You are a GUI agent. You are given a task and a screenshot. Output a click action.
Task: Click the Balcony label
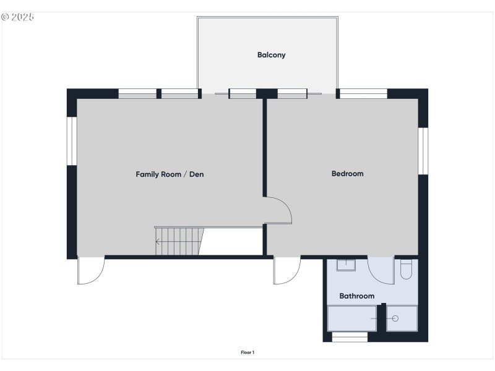(271, 55)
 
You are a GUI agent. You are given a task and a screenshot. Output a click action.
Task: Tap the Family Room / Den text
(170, 174)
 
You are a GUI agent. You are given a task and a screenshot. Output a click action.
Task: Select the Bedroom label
(347, 174)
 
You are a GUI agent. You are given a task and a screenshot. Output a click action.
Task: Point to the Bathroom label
(356, 296)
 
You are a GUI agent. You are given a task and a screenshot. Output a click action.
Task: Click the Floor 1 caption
(247, 352)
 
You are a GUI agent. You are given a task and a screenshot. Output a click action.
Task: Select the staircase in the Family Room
(179, 241)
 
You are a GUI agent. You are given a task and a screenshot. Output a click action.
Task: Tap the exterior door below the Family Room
(91, 271)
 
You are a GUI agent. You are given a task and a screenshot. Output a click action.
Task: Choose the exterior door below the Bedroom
(287, 271)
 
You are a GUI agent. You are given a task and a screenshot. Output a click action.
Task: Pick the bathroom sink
(345, 265)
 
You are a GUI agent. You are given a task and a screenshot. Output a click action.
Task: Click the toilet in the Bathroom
(406, 270)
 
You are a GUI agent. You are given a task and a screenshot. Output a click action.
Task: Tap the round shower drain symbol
(395, 318)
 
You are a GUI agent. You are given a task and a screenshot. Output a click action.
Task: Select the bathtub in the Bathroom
(351, 318)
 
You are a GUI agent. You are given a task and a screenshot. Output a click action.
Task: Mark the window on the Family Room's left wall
(71, 141)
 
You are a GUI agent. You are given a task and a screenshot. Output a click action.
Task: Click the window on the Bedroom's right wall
(423, 151)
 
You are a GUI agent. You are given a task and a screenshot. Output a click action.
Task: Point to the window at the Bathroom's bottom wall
(350, 337)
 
